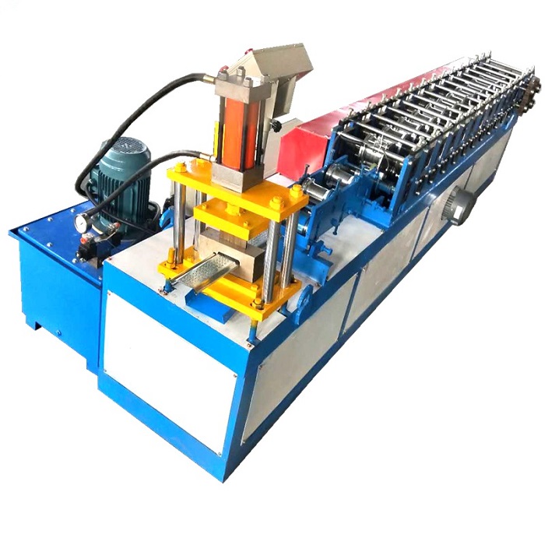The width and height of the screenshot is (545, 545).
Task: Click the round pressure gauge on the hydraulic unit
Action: [x=80, y=223]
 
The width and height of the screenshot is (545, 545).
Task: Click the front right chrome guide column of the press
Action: [x=272, y=257]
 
